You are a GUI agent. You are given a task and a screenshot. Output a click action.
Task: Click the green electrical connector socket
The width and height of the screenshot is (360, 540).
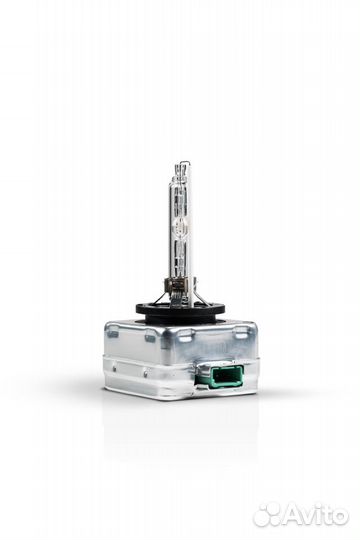click(x=218, y=375)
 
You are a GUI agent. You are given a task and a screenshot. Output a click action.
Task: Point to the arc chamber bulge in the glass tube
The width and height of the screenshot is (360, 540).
click(x=179, y=227)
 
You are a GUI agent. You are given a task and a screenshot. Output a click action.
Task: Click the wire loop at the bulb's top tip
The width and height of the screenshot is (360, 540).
click(x=184, y=167)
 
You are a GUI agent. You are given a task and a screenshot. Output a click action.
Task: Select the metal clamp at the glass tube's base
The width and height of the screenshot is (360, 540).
click(x=178, y=283)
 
